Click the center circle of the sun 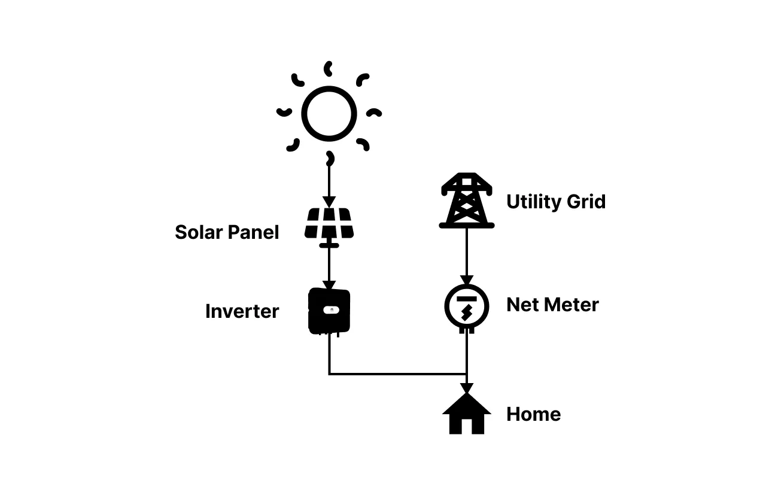coord(329,114)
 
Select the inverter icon coord(329,311)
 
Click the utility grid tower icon coord(467,201)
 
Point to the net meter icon coord(467,307)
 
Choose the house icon coord(467,414)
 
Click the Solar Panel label coord(227,232)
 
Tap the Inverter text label coord(242,311)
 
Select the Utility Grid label coord(556,202)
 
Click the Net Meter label coord(552,305)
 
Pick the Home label coord(533,414)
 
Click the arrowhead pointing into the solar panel coord(329,202)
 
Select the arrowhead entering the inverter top coord(329,286)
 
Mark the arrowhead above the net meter coord(467,280)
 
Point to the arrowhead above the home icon coord(467,388)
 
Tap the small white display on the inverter coord(329,309)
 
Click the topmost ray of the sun coord(328,68)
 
